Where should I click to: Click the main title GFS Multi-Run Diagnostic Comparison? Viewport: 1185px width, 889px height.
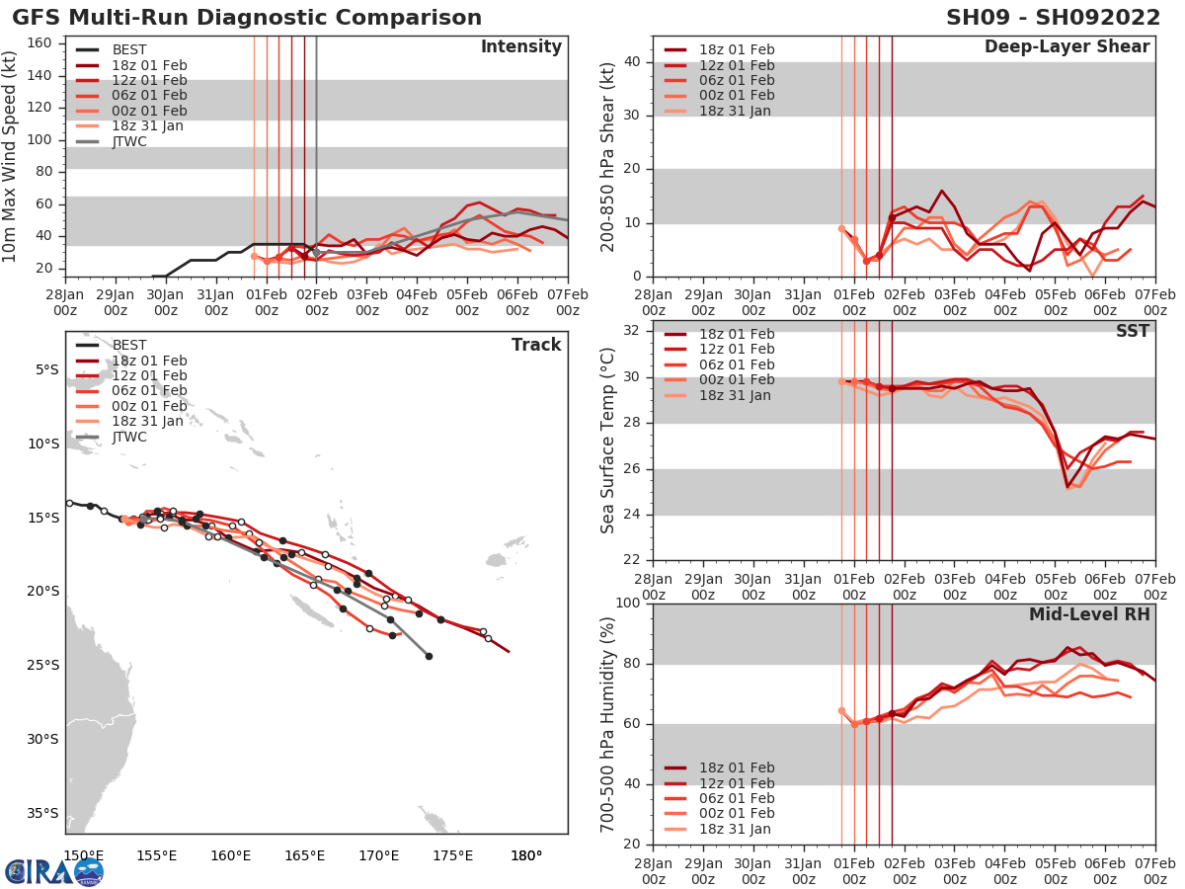247,18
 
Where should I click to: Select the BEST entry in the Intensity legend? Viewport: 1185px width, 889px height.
129,50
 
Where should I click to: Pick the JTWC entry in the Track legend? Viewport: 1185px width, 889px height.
129,437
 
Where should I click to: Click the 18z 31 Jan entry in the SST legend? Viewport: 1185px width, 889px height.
736,395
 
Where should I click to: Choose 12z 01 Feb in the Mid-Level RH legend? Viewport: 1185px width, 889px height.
736,783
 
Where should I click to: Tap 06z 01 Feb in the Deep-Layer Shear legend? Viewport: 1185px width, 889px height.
736,80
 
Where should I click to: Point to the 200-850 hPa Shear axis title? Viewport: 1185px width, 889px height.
608,156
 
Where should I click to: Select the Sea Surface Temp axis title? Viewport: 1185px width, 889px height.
608,440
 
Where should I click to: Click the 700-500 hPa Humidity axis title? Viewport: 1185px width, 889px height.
608,723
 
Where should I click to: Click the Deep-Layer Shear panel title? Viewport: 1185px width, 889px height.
1066,47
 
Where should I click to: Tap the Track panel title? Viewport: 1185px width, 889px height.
536,345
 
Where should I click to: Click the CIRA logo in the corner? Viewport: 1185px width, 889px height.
53,871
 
